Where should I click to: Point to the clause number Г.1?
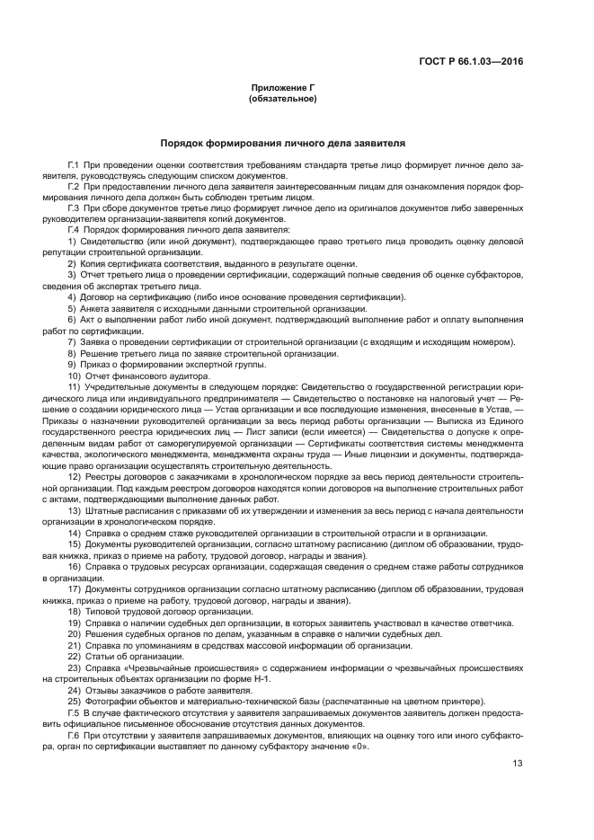(x=74, y=167)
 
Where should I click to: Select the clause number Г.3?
(x=74, y=208)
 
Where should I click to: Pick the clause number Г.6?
(x=74, y=735)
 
